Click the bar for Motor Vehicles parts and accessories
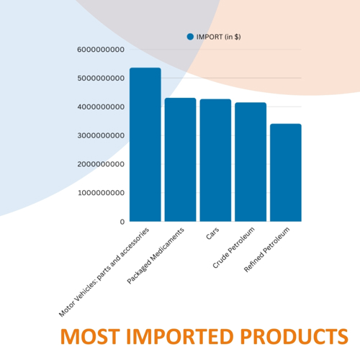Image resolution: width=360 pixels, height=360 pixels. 145,145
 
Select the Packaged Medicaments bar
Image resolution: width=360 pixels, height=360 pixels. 180,160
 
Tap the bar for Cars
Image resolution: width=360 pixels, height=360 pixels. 215,160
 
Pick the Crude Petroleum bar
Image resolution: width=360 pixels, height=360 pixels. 251,162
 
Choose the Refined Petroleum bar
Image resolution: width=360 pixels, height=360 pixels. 286,173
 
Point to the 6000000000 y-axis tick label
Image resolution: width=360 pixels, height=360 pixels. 101,50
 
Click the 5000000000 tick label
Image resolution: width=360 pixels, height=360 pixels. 101,78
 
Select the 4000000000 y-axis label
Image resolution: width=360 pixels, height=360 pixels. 101,107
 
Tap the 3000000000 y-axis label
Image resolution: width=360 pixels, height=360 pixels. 101,135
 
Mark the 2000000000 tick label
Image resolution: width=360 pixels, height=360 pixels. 101,164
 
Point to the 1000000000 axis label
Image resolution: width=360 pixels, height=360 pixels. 101,193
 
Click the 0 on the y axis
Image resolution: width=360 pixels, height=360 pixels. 122,222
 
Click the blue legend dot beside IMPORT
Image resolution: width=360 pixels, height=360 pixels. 190,37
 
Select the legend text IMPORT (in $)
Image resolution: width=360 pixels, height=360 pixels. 219,37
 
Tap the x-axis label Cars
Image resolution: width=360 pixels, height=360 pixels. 212,233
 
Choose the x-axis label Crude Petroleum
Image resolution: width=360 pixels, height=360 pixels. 233,248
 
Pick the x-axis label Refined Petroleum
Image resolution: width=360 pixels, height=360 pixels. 266,250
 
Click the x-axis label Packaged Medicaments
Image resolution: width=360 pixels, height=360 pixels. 156,256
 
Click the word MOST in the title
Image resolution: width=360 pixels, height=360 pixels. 90,336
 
